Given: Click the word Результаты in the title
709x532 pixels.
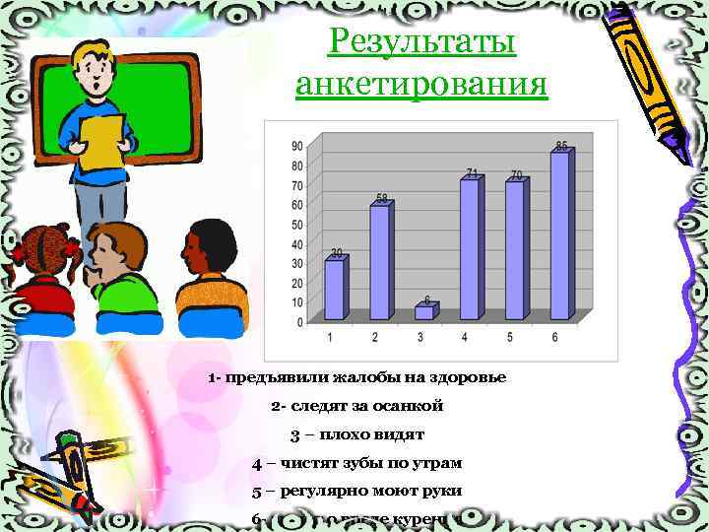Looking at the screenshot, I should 422,42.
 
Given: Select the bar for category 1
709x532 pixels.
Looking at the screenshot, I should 335,289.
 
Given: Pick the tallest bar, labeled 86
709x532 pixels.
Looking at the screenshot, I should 559,235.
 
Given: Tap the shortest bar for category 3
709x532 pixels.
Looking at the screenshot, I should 424,312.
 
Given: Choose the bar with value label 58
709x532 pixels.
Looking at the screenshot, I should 379,261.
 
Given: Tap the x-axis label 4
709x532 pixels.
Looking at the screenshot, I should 465,338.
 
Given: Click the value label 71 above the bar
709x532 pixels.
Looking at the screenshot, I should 473,173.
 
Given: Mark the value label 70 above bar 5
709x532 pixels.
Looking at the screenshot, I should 516,175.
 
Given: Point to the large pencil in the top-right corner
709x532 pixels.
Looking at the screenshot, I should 650,79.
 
